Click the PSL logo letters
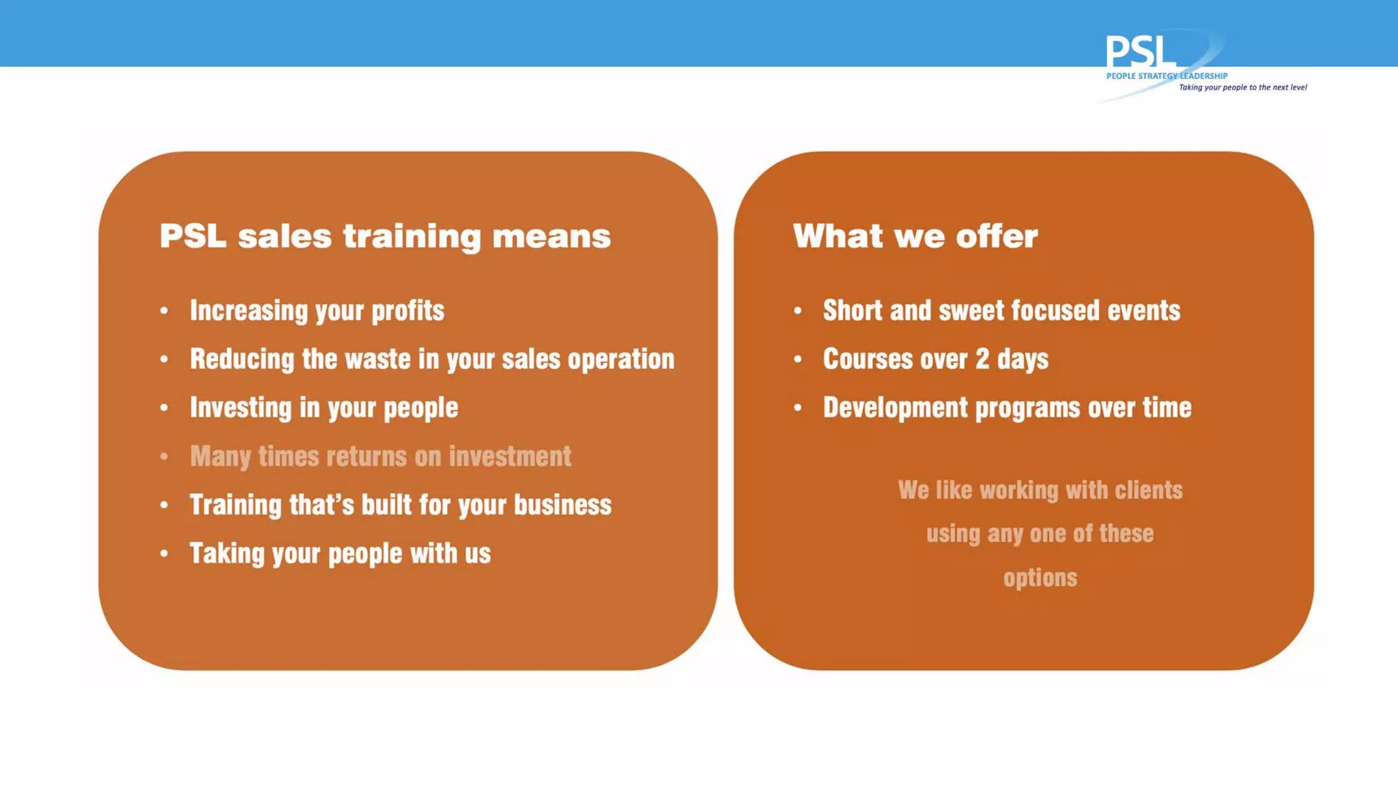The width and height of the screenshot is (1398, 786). coord(1140,52)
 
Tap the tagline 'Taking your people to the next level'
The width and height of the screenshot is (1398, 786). coord(1242,87)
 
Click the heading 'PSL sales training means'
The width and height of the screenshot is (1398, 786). coord(385,237)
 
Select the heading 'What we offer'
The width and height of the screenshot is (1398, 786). coord(915,237)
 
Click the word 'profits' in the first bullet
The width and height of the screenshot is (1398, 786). coord(408,311)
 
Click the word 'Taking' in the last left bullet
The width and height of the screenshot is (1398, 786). coord(227,553)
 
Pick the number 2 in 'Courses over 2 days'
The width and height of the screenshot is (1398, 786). coord(982,359)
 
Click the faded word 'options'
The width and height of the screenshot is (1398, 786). coord(1040,578)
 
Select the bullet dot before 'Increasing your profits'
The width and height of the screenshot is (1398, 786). coord(164,311)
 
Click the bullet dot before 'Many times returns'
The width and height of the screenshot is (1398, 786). coord(164,456)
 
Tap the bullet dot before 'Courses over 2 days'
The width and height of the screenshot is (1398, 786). coord(797,359)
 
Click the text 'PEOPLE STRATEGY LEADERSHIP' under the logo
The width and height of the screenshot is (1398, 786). coord(1166,76)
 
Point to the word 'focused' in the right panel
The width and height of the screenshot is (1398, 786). coord(1055,310)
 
